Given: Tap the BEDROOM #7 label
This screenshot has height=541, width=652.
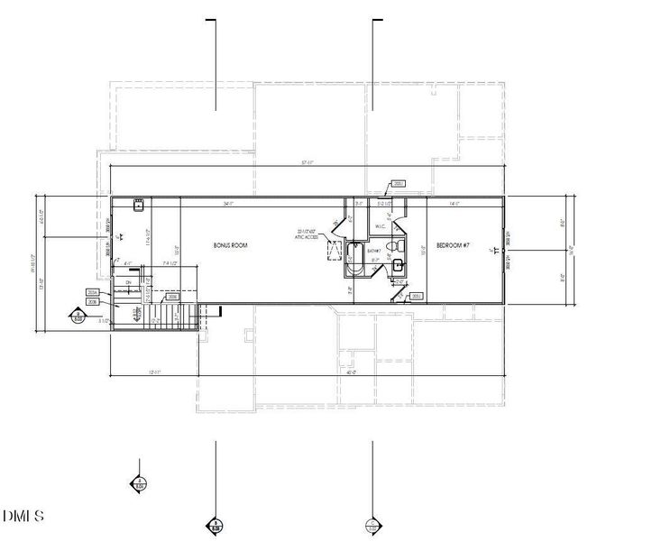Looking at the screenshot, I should [453, 245].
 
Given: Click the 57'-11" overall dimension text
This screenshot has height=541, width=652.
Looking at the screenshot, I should [307, 162].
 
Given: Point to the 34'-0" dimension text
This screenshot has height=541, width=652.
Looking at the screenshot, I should [229, 204].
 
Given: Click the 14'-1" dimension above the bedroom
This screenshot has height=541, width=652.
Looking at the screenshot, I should [454, 204].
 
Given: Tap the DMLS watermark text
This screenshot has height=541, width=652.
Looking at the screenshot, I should [23, 517].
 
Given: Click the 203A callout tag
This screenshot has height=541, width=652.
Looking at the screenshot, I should [92, 293].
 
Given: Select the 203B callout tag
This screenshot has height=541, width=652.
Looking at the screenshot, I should [92, 302].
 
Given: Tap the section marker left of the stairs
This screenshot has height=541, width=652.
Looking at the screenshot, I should [78, 316].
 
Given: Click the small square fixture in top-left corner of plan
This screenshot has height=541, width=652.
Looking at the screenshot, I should [139, 206].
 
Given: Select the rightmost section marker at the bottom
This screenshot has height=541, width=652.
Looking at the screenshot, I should [372, 525].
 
